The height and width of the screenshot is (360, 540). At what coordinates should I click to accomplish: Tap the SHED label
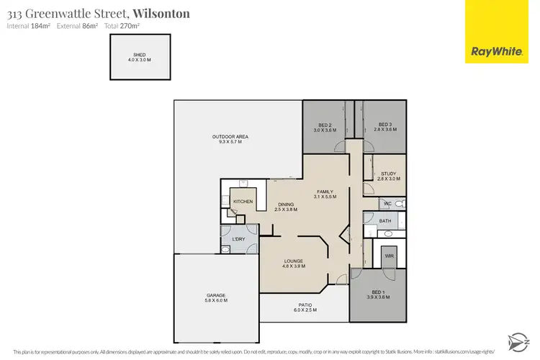139,54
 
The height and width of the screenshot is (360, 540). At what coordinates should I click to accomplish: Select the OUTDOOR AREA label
230,137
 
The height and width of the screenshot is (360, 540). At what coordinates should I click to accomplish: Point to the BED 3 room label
384,124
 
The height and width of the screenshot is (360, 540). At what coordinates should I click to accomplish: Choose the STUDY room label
388,174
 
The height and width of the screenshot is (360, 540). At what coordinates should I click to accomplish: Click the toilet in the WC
399,204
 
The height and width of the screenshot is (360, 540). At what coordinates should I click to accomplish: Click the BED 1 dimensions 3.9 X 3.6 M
378,297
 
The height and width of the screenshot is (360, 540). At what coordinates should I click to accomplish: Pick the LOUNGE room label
293,261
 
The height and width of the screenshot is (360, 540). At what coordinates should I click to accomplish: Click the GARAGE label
217,295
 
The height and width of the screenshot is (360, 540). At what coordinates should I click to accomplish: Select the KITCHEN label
243,202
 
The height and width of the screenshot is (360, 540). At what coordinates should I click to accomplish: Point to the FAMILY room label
325,192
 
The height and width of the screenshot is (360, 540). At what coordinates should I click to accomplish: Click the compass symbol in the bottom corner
517,338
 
